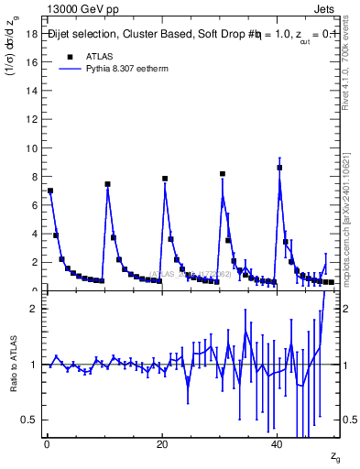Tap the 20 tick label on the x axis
(162, 443)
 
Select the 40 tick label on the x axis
(277, 443)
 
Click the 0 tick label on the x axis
(47, 443)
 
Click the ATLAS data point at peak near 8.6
(279, 168)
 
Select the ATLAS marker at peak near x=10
(107, 184)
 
